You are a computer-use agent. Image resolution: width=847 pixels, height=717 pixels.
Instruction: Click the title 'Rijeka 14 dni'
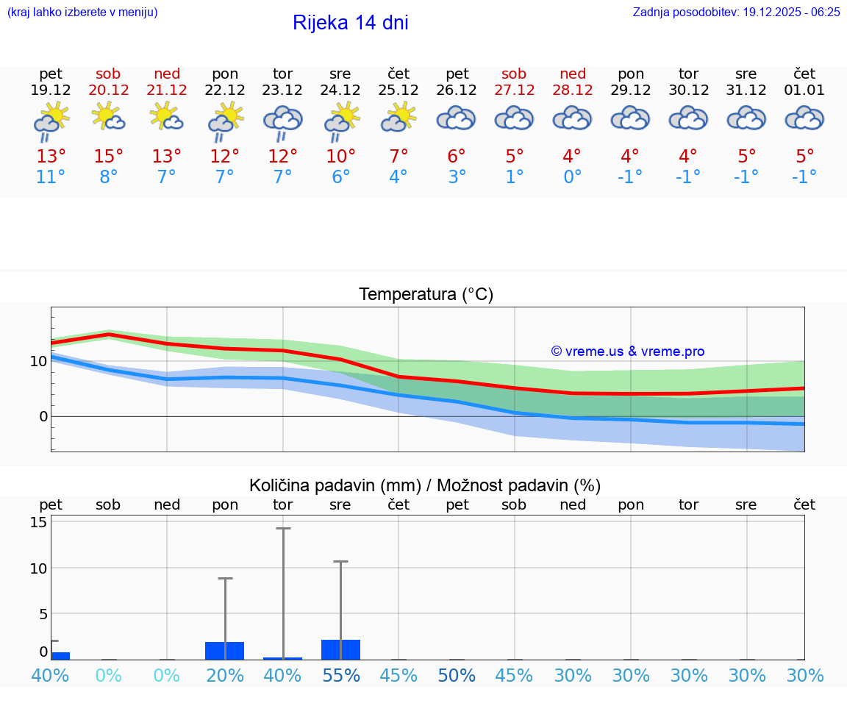[x=350, y=23]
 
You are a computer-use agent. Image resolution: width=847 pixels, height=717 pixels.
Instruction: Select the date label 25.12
[x=398, y=90]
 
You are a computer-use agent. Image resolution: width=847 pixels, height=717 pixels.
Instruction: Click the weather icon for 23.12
[x=283, y=123]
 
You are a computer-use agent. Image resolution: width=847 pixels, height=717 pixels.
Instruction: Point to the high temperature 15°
[x=108, y=157]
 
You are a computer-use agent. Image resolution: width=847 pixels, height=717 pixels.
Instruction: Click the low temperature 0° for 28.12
[x=572, y=177]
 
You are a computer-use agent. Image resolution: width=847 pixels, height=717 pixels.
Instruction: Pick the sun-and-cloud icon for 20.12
[x=108, y=117]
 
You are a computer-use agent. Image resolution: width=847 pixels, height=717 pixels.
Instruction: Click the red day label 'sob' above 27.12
[x=514, y=74]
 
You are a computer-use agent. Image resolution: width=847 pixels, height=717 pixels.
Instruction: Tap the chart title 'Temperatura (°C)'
[x=426, y=294]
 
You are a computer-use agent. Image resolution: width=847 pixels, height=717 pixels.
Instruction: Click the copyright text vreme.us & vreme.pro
[x=627, y=352]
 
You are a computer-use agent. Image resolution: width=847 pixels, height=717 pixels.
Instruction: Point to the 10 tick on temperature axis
[x=38, y=361]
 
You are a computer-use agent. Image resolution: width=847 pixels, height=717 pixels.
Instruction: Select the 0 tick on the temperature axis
[x=43, y=416]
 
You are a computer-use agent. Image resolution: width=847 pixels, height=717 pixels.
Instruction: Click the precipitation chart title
[x=425, y=485]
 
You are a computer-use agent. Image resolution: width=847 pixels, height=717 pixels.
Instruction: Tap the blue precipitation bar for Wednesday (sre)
[x=340, y=649]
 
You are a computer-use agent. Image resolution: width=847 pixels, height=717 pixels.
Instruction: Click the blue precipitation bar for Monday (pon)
[x=224, y=650]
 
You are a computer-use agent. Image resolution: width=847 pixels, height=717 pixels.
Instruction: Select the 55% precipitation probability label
[x=340, y=675]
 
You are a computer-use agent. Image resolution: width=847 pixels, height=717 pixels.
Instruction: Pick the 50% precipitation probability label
[x=457, y=675]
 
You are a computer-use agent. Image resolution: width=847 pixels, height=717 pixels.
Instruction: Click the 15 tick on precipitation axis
[x=38, y=522]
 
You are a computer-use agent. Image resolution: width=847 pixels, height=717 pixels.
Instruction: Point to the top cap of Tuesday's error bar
[x=283, y=529]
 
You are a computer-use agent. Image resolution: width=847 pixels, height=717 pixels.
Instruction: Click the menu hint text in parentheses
[x=82, y=12]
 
